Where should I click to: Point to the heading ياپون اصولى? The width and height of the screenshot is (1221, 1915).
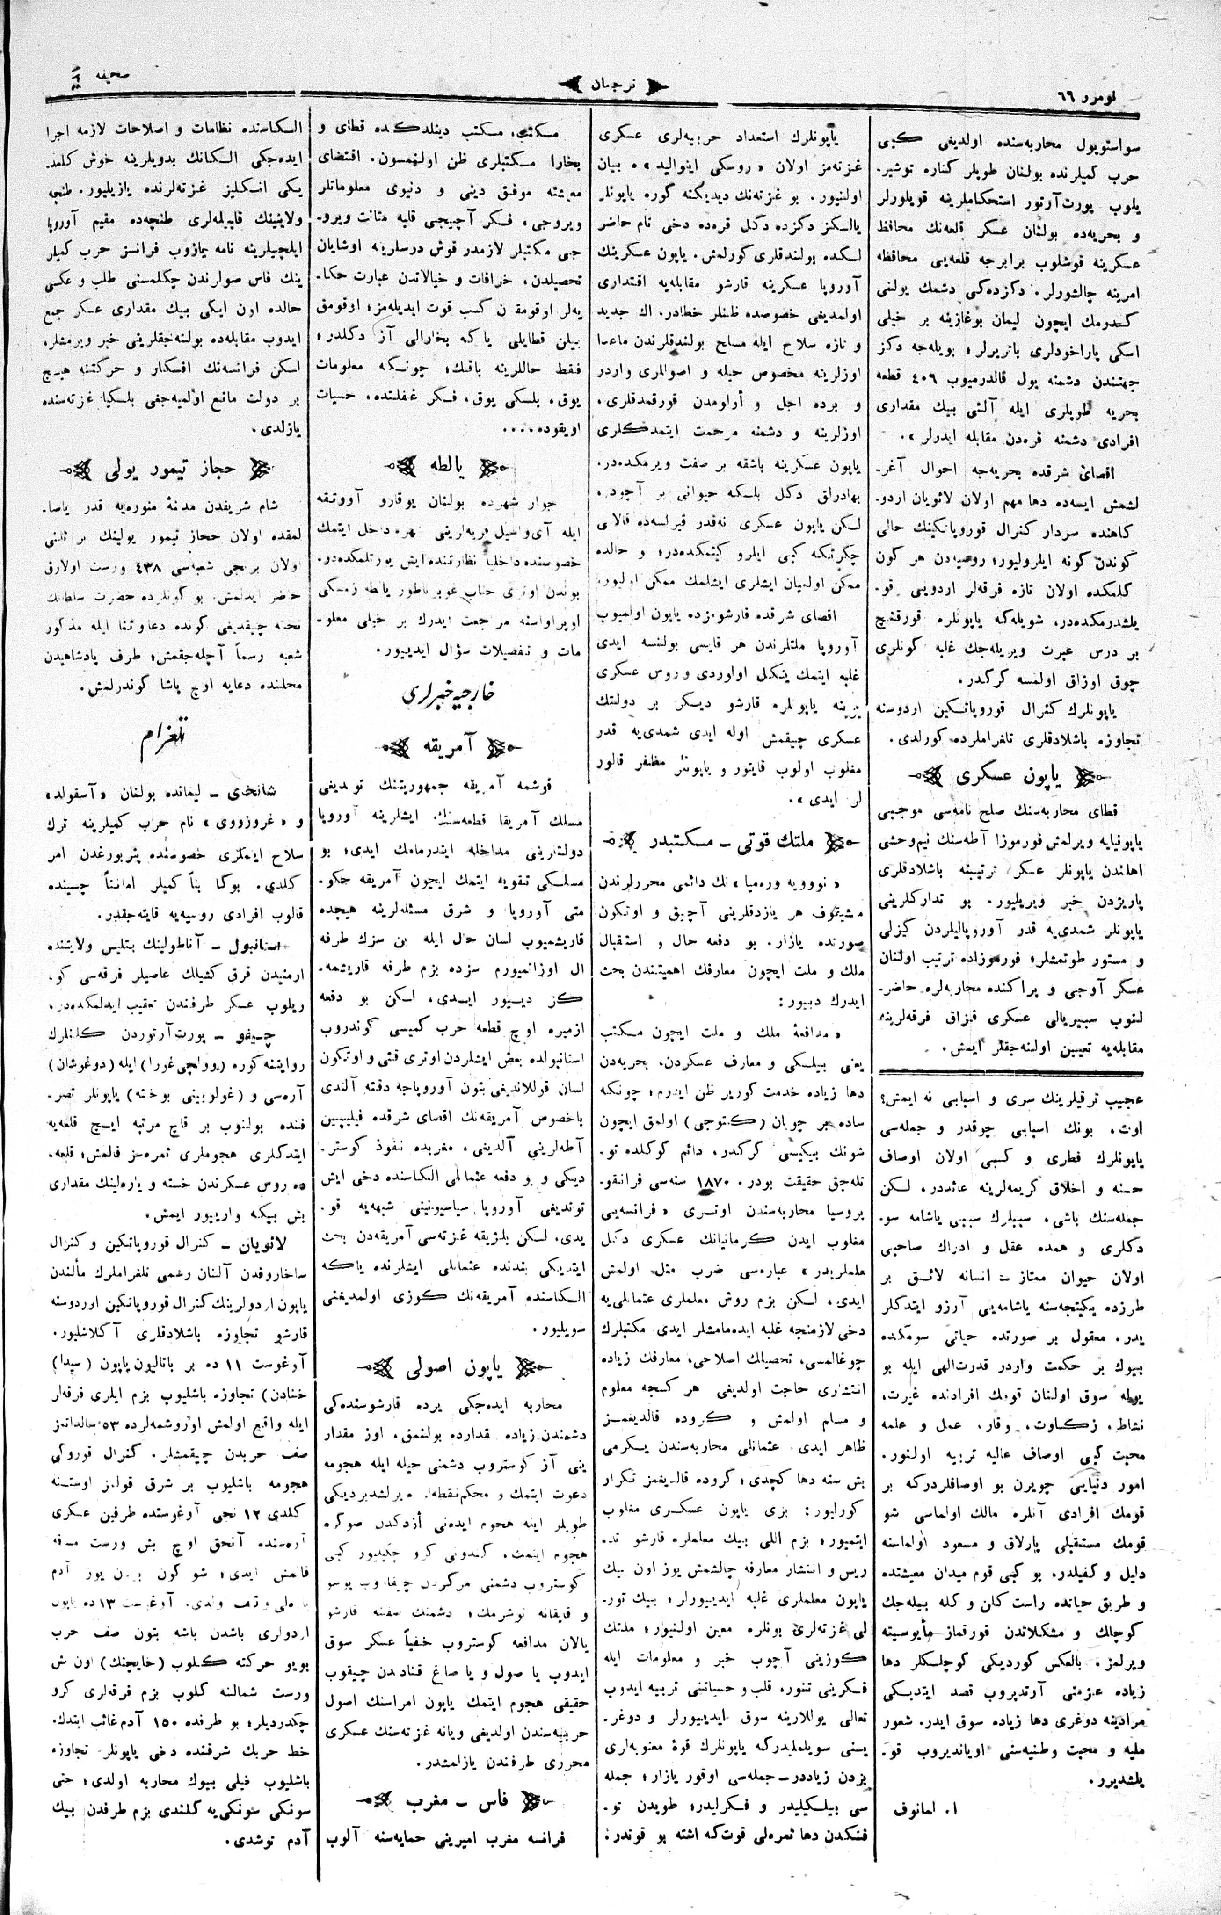point(450,1368)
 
